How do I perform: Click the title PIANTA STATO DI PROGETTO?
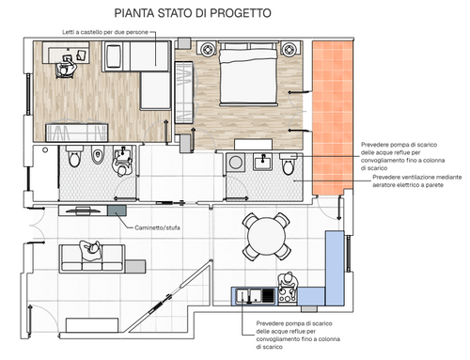tap(193, 13)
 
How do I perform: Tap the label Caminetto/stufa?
tap(157, 227)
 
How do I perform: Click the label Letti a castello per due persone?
tap(105, 32)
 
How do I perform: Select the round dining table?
tap(266, 237)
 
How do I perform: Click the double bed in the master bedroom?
tap(248, 73)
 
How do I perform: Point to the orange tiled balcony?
tap(333, 117)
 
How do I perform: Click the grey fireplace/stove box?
tap(117, 211)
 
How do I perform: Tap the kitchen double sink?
tap(249, 296)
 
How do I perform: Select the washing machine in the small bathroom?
tap(235, 163)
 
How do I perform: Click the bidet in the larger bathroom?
tap(98, 156)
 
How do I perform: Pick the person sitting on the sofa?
tap(90, 250)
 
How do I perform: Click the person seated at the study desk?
tap(66, 67)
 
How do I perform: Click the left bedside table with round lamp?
tap(207, 49)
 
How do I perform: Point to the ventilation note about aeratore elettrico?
tap(416, 181)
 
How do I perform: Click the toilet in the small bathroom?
tap(288, 164)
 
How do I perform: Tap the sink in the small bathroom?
tap(262, 162)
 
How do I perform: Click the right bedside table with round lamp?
tap(289, 49)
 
